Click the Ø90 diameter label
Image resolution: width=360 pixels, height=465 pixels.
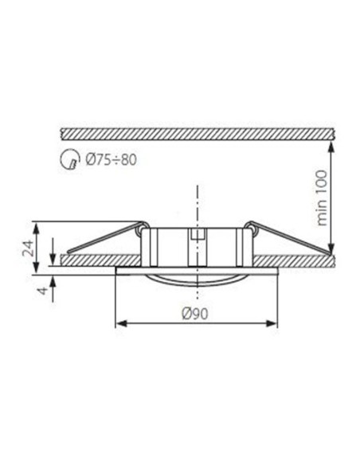196,313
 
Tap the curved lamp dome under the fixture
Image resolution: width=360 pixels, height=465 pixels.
196,277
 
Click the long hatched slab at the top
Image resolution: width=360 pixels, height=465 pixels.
196,130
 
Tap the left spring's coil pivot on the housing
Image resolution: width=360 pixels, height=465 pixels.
143,230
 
